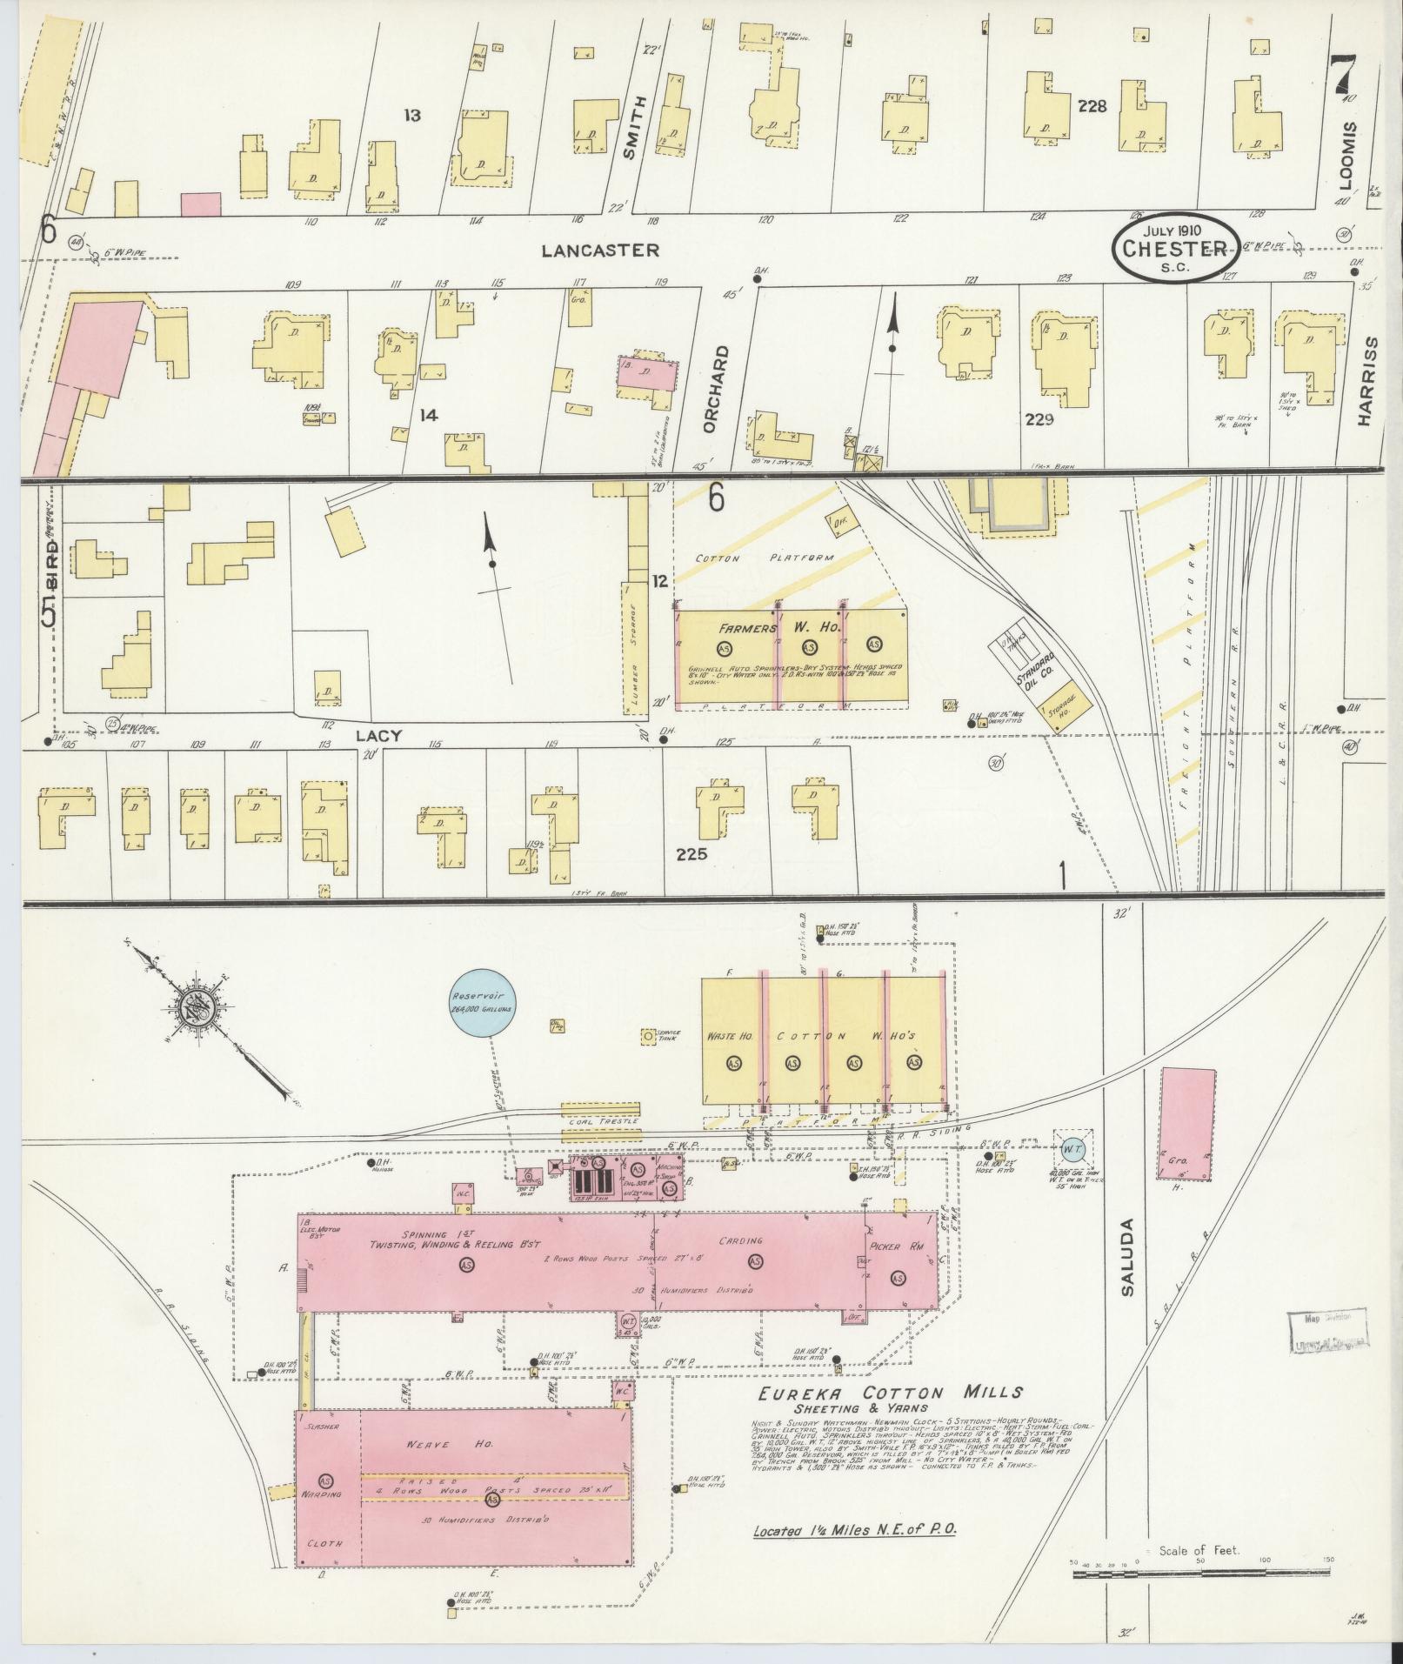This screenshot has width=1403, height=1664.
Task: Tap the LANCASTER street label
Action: tap(600, 251)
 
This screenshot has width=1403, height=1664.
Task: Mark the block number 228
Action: tap(1092, 106)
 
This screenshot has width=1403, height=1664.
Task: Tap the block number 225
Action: tap(692, 853)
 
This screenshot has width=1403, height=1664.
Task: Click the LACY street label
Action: tap(379, 736)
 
